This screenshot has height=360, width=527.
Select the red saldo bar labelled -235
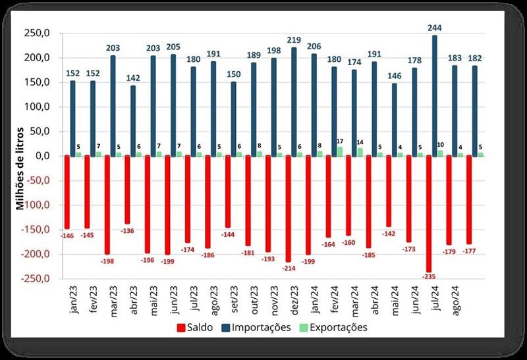tap(429, 214)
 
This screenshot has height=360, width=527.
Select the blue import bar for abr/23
tap(133, 121)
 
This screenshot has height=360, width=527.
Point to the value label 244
tap(435, 28)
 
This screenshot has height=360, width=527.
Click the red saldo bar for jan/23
tap(67, 192)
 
